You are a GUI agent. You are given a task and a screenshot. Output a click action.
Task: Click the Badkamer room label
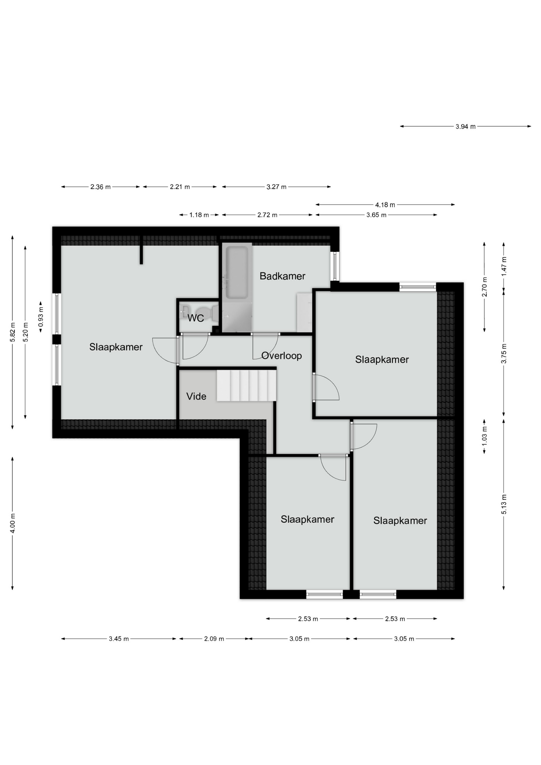tap(282, 276)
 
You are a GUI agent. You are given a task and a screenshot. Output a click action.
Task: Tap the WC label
tap(196, 318)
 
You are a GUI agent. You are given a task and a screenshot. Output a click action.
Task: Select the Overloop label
tap(282, 356)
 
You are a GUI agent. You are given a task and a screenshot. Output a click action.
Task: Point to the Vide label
tap(196, 396)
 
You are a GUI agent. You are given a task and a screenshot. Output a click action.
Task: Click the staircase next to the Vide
tap(247, 385)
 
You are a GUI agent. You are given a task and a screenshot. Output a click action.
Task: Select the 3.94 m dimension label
tap(466, 127)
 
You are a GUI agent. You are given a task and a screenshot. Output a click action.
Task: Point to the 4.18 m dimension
tap(385, 205)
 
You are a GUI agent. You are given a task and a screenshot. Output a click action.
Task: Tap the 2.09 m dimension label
tap(214, 639)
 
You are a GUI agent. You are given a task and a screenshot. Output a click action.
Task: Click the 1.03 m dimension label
tap(484, 436)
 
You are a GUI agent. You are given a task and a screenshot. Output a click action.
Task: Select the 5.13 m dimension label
tap(504, 504)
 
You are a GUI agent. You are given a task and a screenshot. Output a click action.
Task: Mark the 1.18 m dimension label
tap(199, 215)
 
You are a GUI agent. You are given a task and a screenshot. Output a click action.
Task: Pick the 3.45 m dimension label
tap(119, 639)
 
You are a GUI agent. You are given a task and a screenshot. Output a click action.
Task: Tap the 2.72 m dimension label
tap(267, 215)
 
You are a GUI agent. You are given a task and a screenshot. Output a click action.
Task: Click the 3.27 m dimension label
tap(276, 187)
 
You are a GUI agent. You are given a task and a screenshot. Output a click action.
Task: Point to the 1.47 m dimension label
tap(504, 266)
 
